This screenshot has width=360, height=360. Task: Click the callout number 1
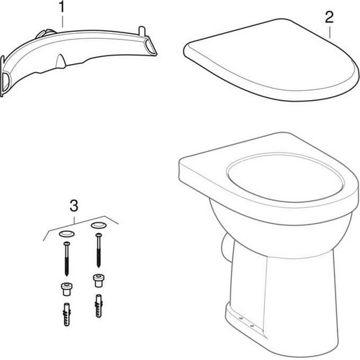[x=62, y=7]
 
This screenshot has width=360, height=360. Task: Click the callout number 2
[x=329, y=17]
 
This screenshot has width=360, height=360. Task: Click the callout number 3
[x=74, y=206]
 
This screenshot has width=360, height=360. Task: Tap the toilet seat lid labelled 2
[x=271, y=60]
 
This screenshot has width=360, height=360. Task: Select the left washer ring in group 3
[x=66, y=233]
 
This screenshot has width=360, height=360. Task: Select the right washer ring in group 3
[x=99, y=225]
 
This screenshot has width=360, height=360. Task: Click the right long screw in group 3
[x=99, y=250]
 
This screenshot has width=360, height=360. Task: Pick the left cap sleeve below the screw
[x=66, y=289]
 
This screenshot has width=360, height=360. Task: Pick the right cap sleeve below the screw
[x=98, y=281]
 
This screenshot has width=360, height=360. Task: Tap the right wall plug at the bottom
[x=99, y=306]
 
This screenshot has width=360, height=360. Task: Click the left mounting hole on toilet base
[x=241, y=319]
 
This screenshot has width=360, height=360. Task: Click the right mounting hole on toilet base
[x=252, y=326]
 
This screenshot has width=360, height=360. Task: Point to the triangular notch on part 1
[x=60, y=61]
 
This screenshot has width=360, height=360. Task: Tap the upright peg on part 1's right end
[x=142, y=31]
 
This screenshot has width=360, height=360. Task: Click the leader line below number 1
[x=63, y=22]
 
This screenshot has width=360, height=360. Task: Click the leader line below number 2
[x=330, y=32]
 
